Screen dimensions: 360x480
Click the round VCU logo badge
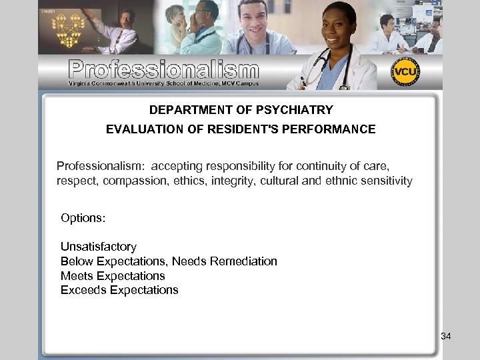coord(405,72)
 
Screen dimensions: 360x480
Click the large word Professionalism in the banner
coord(163,69)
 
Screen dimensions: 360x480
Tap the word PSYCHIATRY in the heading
coord(299,109)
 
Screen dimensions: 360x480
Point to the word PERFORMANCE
coord(335,129)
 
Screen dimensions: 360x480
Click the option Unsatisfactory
coord(99,247)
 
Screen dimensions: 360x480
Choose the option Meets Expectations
coord(113,275)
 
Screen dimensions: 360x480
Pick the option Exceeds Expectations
coord(119,290)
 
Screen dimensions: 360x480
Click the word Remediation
coord(243,261)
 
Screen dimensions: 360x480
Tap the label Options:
coord(83,218)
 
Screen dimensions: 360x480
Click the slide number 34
coord(446,337)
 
